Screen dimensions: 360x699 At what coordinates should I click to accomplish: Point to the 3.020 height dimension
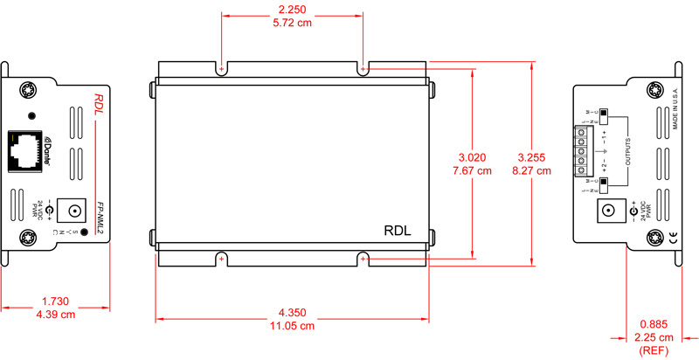(x=473, y=157)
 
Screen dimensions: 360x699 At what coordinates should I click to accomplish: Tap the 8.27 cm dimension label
(x=533, y=171)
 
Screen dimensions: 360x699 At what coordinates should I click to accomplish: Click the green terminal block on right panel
(x=579, y=151)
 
